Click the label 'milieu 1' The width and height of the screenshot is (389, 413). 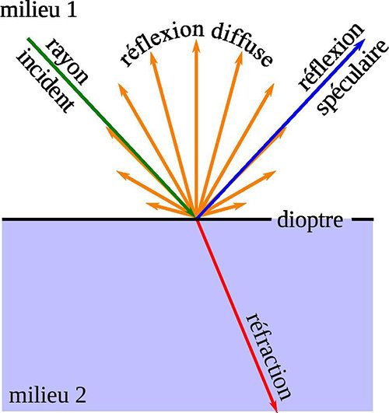pyautogui.click(x=38, y=10)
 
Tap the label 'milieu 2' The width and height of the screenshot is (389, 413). pyautogui.click(x=47, y=395)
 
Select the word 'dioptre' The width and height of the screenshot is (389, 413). pyautogui.click(x=310, y=220)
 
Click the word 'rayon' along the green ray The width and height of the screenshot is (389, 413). pyautogui.click(x=67, y=62)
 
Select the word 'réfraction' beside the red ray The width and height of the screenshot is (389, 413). pyautogui.click(x=268, y=356)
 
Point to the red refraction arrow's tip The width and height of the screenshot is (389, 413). pyautogui.click(x=275, y=411)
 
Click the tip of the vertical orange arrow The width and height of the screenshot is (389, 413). pyautogui.click(x=196, y=40)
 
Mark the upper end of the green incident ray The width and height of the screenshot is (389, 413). pyautogui.click(x=28, y=39)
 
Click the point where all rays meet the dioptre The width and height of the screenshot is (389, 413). pyautogui.click(x=196, y=218)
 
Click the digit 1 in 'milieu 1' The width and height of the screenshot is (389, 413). pyautogui.click(x=72, y=11)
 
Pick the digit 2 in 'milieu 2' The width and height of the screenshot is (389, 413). pyautogui.click(x=81, y=395)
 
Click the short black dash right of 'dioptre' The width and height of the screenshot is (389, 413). pyautogui.click(x=363, y=219)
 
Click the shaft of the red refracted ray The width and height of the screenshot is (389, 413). pyautogui.click(x=237, y=314)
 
